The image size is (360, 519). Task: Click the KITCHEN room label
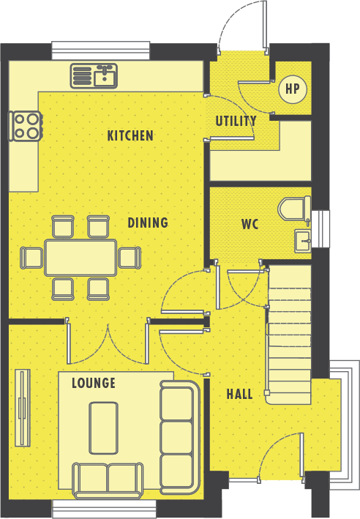pos(130,135)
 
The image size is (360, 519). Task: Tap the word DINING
pos(148,223)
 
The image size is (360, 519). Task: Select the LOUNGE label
pos(94,383)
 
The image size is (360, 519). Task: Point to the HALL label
pos(239,395)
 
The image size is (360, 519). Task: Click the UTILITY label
pos(236,121)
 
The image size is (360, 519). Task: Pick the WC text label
pos(250,224)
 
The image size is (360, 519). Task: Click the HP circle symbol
pos(293,89)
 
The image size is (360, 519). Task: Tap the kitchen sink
pos(94,76)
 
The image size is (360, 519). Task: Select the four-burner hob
pos(26,126)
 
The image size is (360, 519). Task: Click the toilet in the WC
pos(294,209)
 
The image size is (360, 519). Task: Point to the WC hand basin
pos(303,241)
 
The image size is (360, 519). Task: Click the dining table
pos(80,258)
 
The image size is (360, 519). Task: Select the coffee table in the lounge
pos(104,428)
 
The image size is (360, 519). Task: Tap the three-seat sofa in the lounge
pos(180,437)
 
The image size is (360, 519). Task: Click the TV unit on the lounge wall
pos(23,408)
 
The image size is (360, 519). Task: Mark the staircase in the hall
pos(288,335)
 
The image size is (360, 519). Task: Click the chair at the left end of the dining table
pos(31,258)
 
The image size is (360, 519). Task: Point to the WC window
pos(320,228)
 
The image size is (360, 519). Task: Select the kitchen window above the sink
pos(101,51)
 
